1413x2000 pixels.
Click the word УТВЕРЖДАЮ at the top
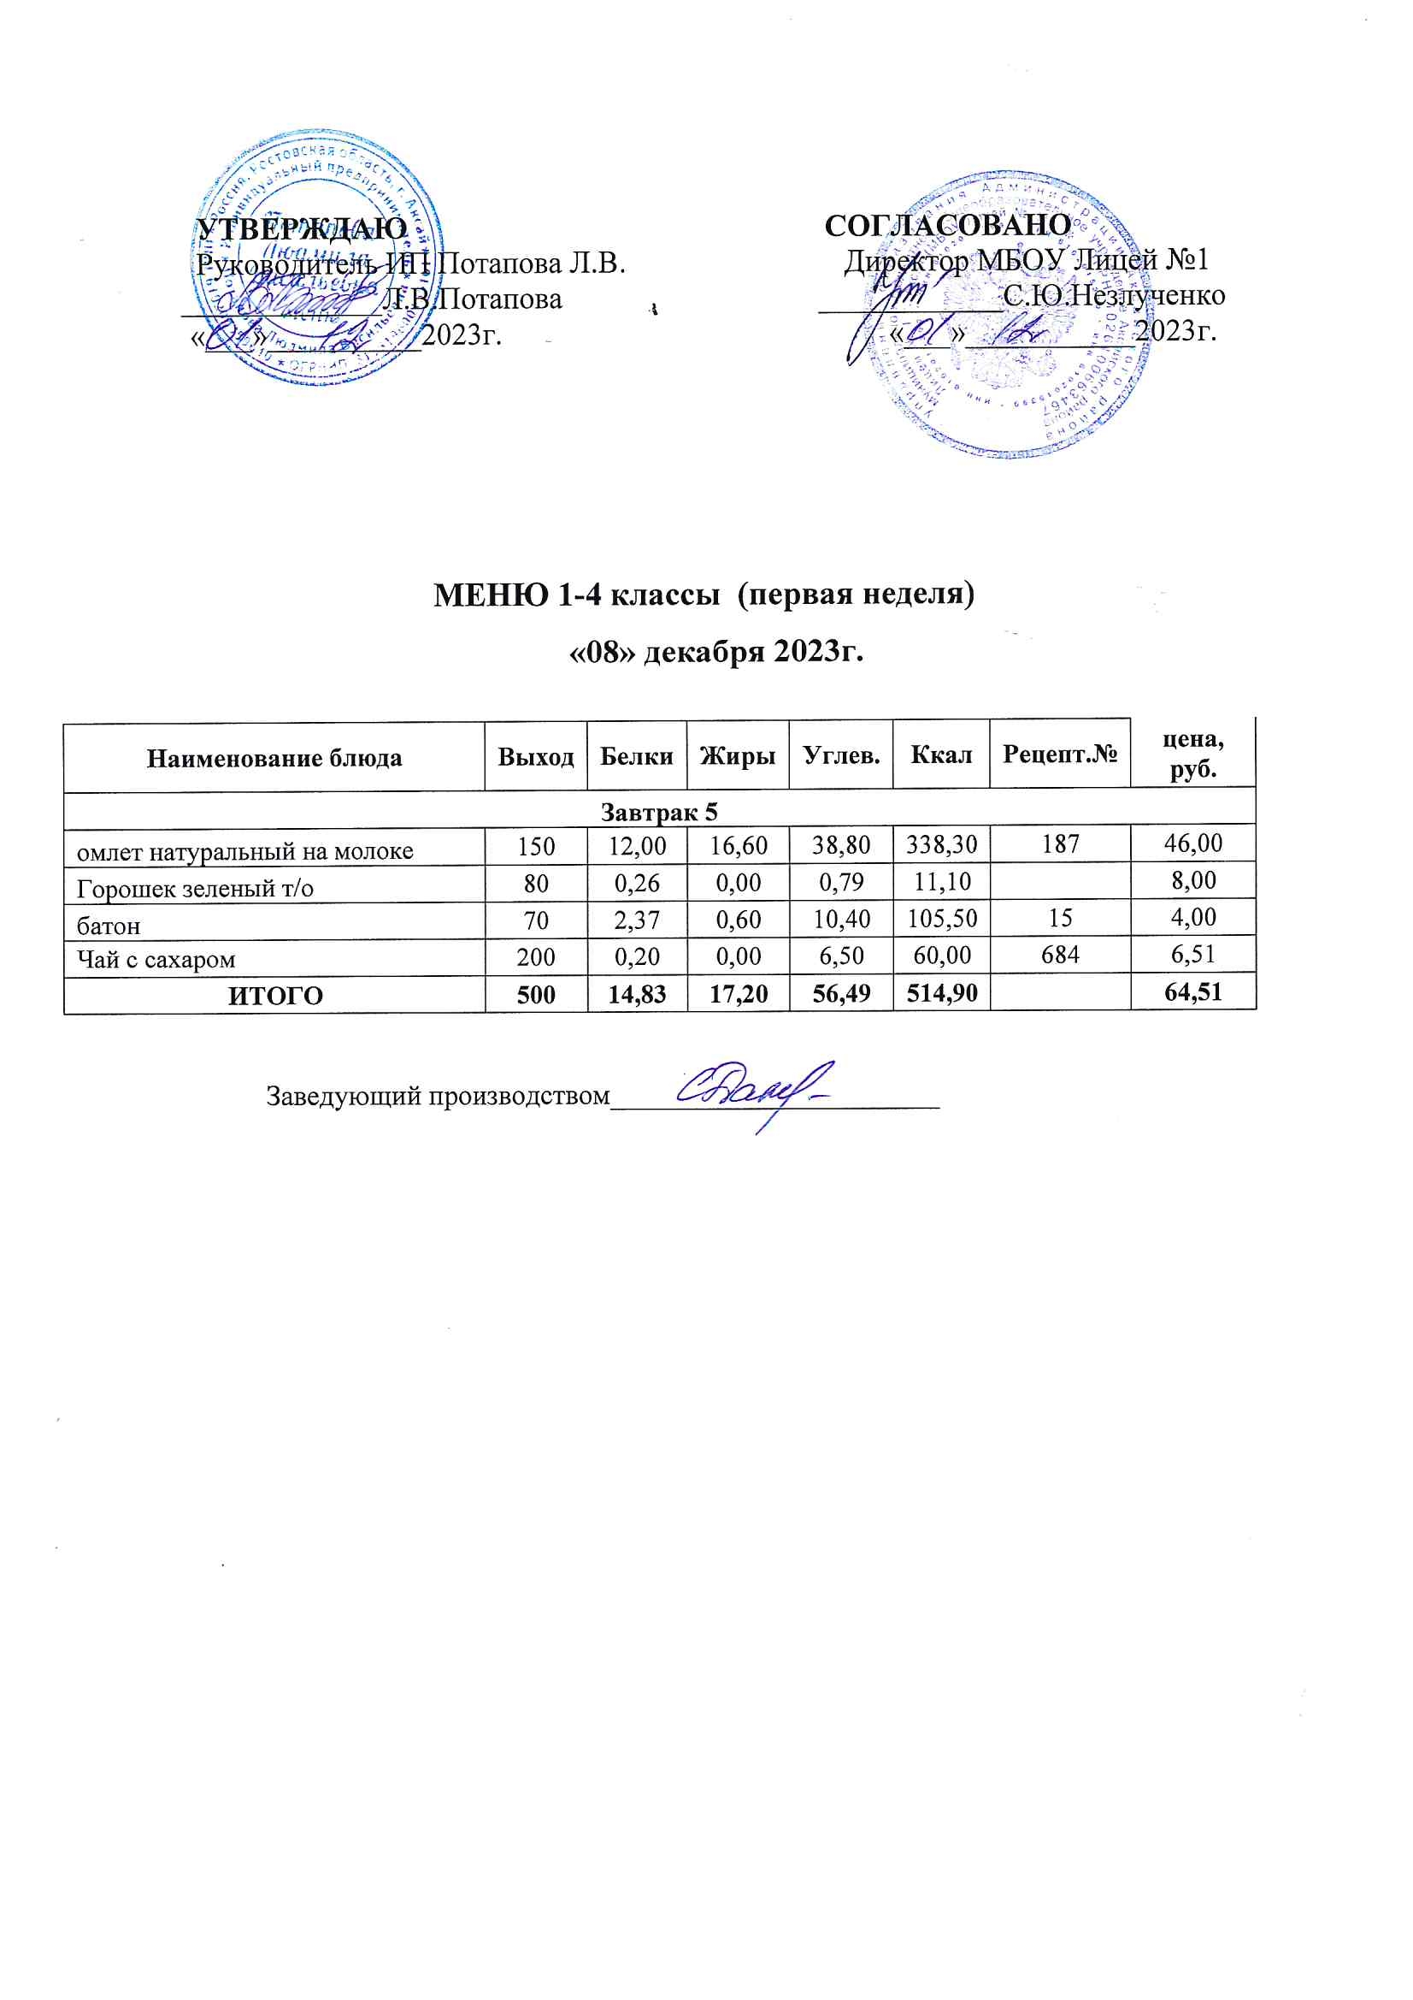click(x=302, y=229)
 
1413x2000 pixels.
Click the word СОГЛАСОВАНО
click(x=947, y=226)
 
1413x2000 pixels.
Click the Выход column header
click(x=535, y=756)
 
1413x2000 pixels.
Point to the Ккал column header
click(x=941, y=754)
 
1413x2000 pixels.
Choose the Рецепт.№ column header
click(x=1059, y=754)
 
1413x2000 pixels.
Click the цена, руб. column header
click(x=1192, y=754)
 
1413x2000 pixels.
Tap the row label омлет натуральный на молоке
click(x=244, y=851)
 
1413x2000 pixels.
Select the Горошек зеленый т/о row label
click(x=195, y=889)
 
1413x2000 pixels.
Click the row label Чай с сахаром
click(x=156, y=960)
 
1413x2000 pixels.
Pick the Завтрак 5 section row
click(x=659, y=812)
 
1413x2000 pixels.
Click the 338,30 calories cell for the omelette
click(x=941, y=844)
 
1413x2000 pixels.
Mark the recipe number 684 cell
click(x=1059, y=956)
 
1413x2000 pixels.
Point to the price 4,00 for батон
click(x=1192, y=917)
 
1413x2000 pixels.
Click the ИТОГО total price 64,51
click(x=1192, y=992)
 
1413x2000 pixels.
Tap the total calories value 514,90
click(x=941, y=994)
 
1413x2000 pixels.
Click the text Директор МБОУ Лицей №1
click(x=1026, y=259)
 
